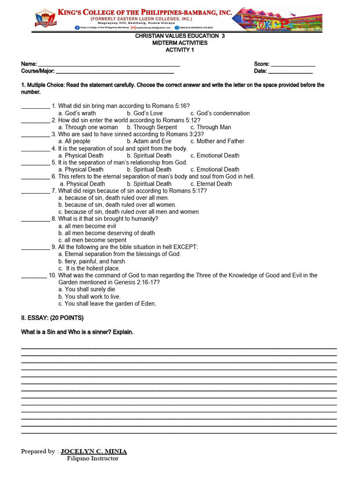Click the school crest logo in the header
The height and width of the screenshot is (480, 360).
[x=46, y=18]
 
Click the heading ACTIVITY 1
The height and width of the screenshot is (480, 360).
[x=180, y=50]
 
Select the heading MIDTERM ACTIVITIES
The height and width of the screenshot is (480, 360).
[x=180, y=43]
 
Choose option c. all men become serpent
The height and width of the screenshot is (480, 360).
[x=92, y=240]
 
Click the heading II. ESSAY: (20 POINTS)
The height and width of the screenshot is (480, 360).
[x=52, y=318]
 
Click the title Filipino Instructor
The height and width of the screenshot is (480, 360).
[x=92, y=459]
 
